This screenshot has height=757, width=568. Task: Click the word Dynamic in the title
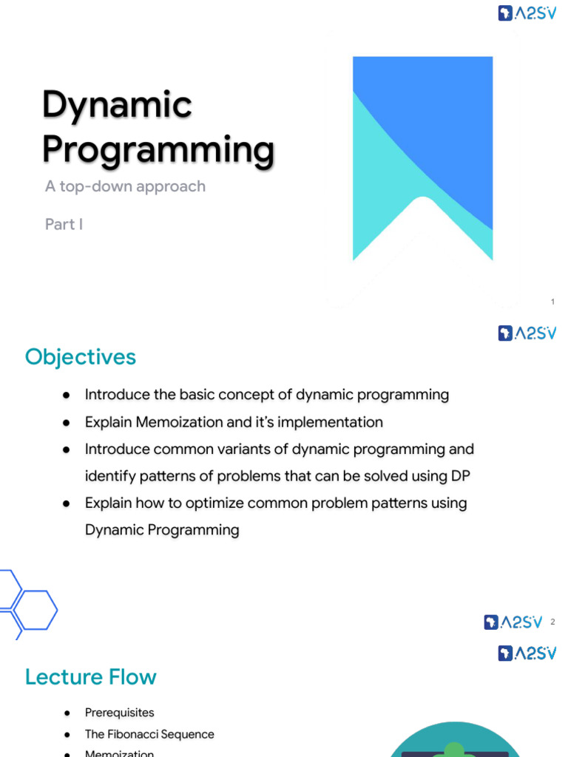pyautogui.click(x=117, y=105)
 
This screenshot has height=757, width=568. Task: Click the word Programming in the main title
pyautogui.click(x=158, y=150)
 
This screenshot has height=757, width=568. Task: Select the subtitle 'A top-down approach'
pyautogui.click(x=125, y=186)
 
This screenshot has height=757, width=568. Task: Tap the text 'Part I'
pyautogui.click(x=64, y=224)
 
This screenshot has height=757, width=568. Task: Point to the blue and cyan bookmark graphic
pyautogui.click(x=422, y=148)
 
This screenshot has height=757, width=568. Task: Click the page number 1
pyautogui.click(x=552, y=302)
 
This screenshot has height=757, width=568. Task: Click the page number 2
pyautogui.click(x=552, y=622)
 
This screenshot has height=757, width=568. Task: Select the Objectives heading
pyautogui.click(x=81, y=357)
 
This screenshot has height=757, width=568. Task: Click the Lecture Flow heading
pyautogui.click(x=91, y=677)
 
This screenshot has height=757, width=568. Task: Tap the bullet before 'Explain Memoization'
pyautogui.click(x=67, y=423)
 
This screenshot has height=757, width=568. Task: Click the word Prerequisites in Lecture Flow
pyautogui.click(x=120, y=713)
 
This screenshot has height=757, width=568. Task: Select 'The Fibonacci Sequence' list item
pyautogui.click(x=149, y=734)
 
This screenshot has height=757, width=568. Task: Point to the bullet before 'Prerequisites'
pyautogui.click(x=67, y=713)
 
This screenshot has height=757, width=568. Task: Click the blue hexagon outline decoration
pyautogui.click(x=33, y=609)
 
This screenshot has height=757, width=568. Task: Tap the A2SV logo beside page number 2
pyautogui.click(x=513, y=622)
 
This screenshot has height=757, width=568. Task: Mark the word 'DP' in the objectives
pyautogui.click(x=460, y=476)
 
